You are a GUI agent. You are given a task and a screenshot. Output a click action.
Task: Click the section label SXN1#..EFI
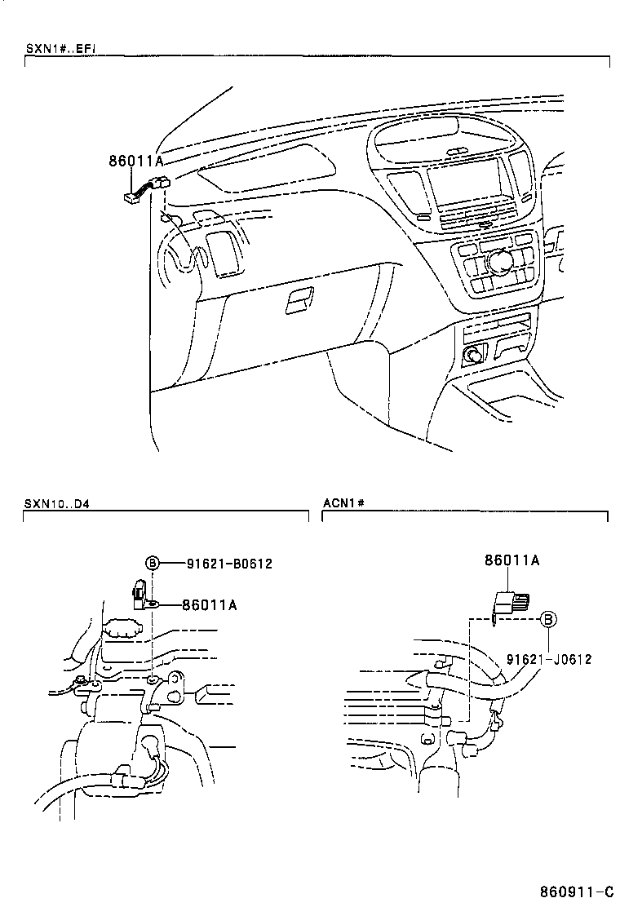click(61, 48)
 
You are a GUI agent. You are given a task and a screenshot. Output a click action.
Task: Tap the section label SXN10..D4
click(56, 502)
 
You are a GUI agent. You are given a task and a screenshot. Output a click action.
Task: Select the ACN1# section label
click(342, 502)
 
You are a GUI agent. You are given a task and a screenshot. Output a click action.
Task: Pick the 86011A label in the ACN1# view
click(511, 560)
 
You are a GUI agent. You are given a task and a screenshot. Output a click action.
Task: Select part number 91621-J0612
click(548, 659)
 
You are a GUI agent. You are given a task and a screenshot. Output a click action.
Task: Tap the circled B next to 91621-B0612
click(152, 563)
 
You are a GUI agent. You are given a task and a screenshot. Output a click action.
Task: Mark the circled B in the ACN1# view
click(549, 620)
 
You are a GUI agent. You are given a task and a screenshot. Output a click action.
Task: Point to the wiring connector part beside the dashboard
click(144, 190)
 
